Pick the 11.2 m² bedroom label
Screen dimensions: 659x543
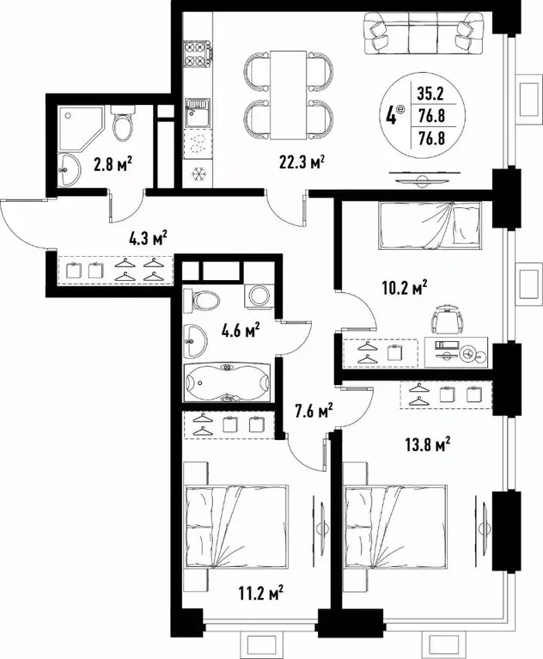tap(261, 592)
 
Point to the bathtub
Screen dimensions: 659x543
tap(227, 382)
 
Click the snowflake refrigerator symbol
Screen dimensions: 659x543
tap(198, 171)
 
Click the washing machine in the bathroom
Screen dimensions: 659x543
tap(257, 296)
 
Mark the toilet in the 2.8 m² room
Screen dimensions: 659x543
tap(124, 123)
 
